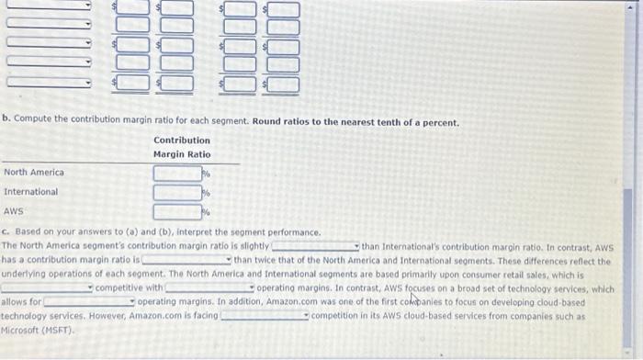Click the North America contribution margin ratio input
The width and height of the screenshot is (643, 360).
(x=177, y=173)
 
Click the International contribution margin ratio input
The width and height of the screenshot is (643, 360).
(x=177, y=192)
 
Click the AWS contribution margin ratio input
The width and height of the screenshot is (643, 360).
(x=177, y=212)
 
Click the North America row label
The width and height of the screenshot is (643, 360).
(x=34, y=173)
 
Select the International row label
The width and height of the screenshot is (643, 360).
(x=30, y=192)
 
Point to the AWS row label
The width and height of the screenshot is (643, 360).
(x=14, y=212)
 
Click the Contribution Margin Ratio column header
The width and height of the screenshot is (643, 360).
(x=182, y=147)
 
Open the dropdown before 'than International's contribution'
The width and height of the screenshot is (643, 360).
(x=314, y=247)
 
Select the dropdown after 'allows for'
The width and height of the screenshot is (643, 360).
(x=89, y=301)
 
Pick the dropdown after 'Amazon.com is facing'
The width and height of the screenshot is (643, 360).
(x=265, y=315)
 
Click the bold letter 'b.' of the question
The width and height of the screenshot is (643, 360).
(x=6, y=122)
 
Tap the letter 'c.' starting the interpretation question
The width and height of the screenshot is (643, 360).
(x=6, y=233)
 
